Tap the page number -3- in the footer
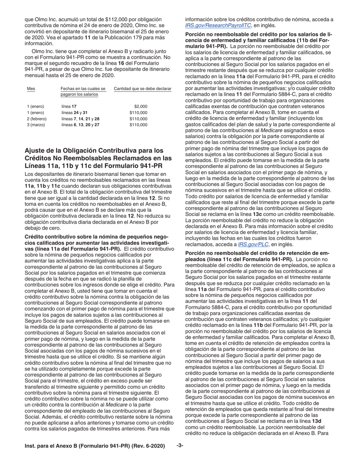[x=180, y=446]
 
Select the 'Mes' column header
[x=31, y=89]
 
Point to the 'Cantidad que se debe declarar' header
[x=142, y=89]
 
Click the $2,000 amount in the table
[x=141, y=106]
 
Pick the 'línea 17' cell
[x=69, y=106]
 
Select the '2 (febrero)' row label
[x=37, y=119]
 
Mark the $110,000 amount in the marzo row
[x=138, y=125]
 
